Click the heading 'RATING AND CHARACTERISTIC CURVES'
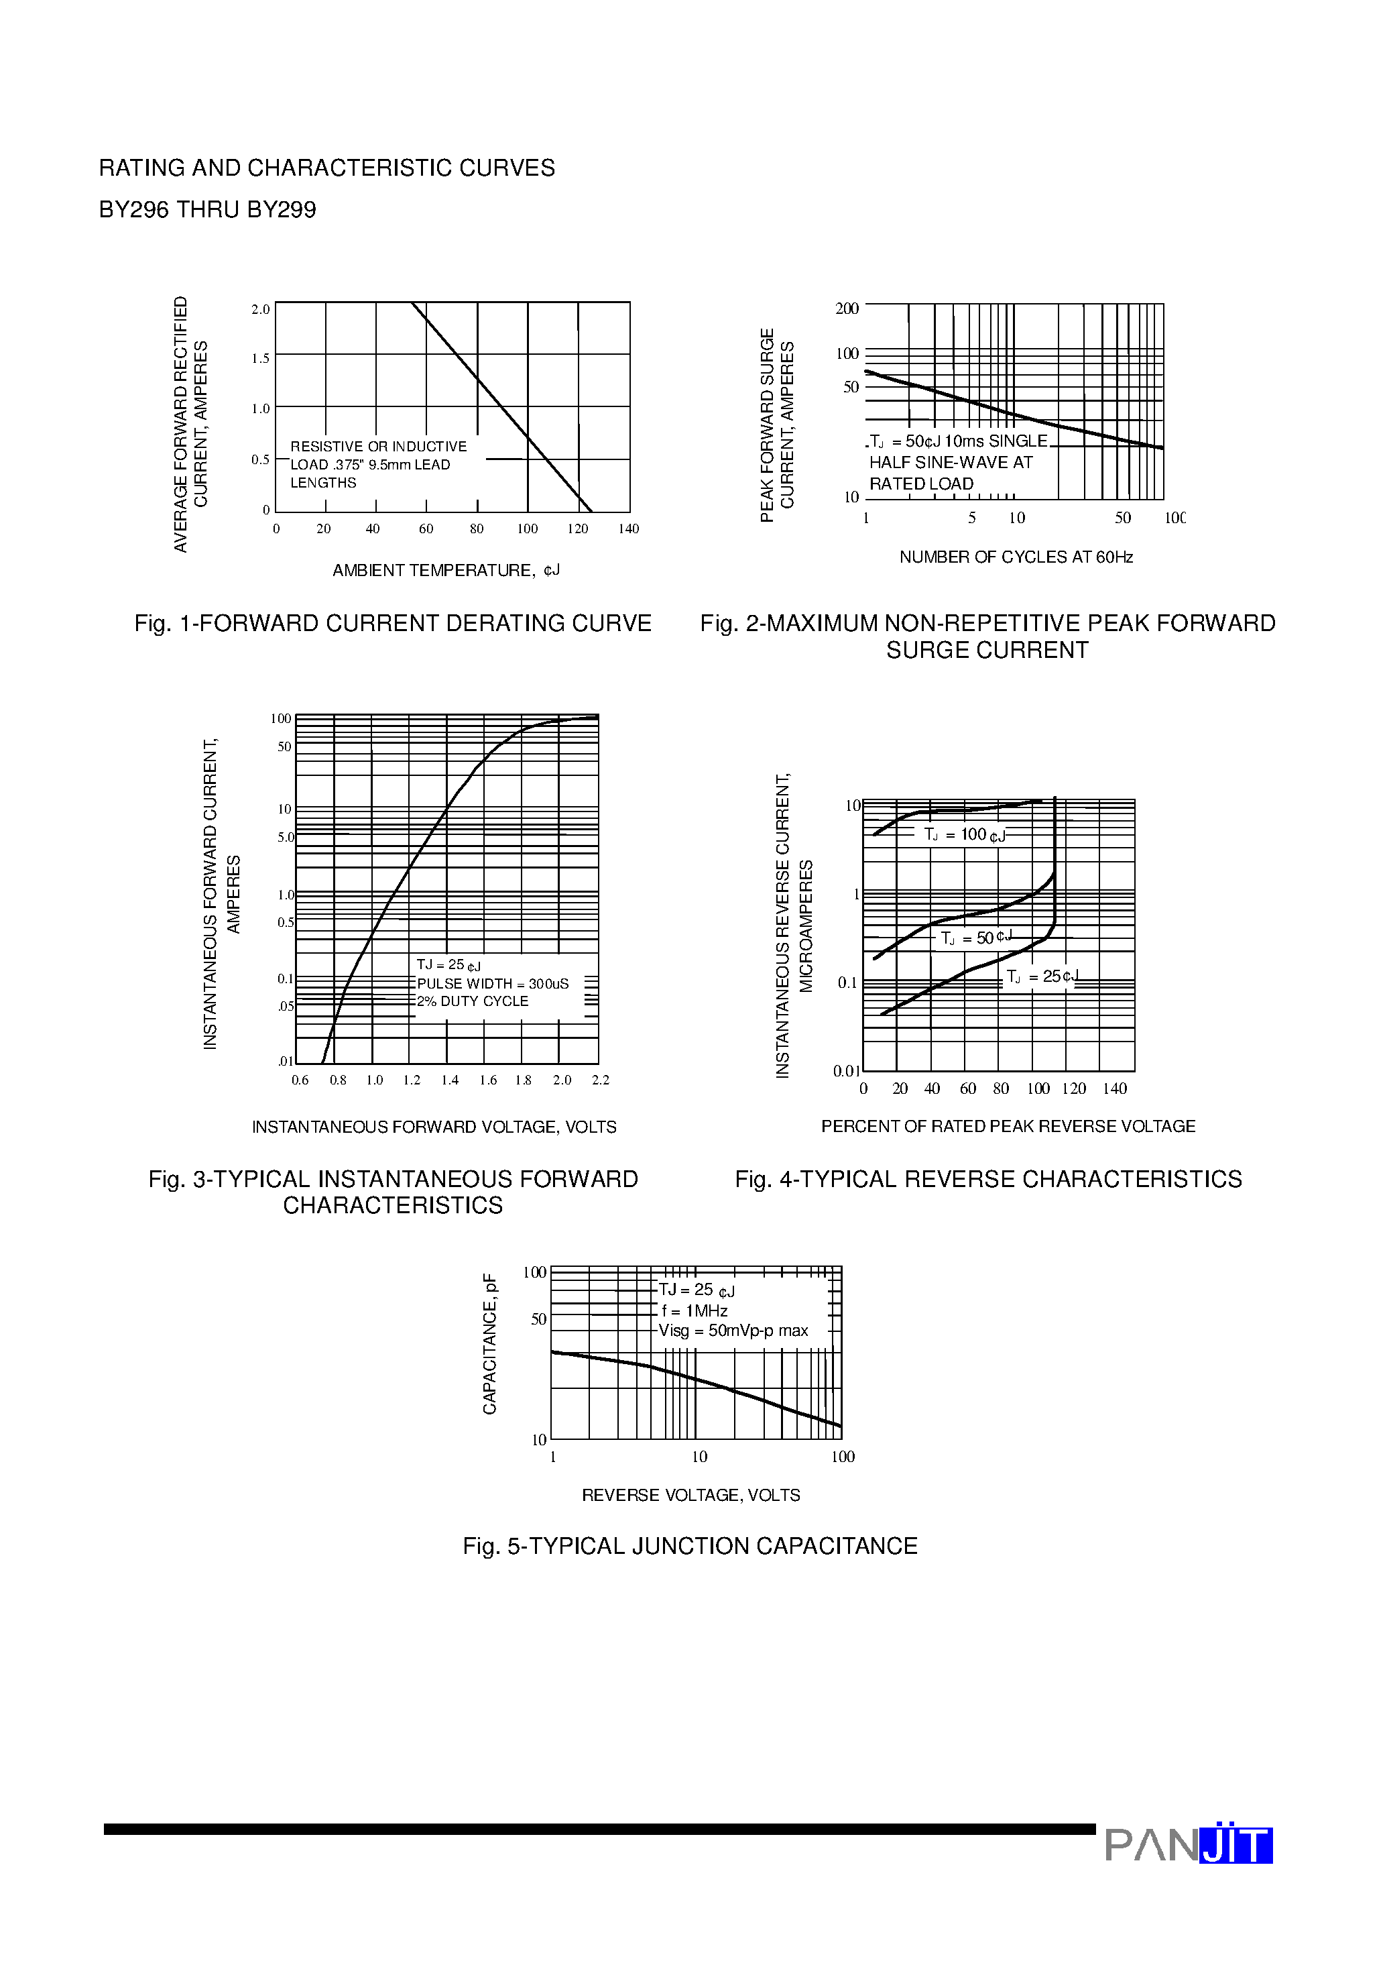pos(326,168)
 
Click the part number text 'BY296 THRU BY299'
pos(208,210)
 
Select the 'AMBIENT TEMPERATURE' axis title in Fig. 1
pos(446,571)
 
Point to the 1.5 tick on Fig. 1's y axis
pos(260,359)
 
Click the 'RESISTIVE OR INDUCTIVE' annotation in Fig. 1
pos(378,447)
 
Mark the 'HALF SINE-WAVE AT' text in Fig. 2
pos(951,463)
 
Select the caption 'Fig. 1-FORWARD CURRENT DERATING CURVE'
pos(393,624)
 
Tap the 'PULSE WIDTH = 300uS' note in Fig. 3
pos(492,984)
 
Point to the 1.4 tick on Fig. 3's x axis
pos(450,1080)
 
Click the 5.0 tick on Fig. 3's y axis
pos(285,838)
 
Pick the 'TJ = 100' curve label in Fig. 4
pos(964,834)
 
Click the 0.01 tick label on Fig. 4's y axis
pos(845,1071)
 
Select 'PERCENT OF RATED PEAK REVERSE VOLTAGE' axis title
pos(1008,1127)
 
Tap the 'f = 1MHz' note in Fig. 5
pos(695,1311)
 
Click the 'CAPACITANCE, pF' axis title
pos(489,1345)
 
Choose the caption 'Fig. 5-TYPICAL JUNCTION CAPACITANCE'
pos(690,1547)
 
